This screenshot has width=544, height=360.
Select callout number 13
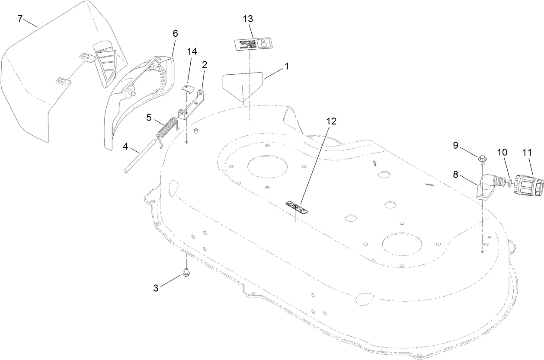pos(248,19)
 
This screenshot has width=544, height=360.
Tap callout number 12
pos(331,121)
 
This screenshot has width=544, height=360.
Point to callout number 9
pos(456,145)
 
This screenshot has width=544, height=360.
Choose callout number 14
pos(192,51)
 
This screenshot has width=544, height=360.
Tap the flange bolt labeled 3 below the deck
pos(187,272)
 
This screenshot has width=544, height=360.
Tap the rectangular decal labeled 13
pos(251,44)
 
